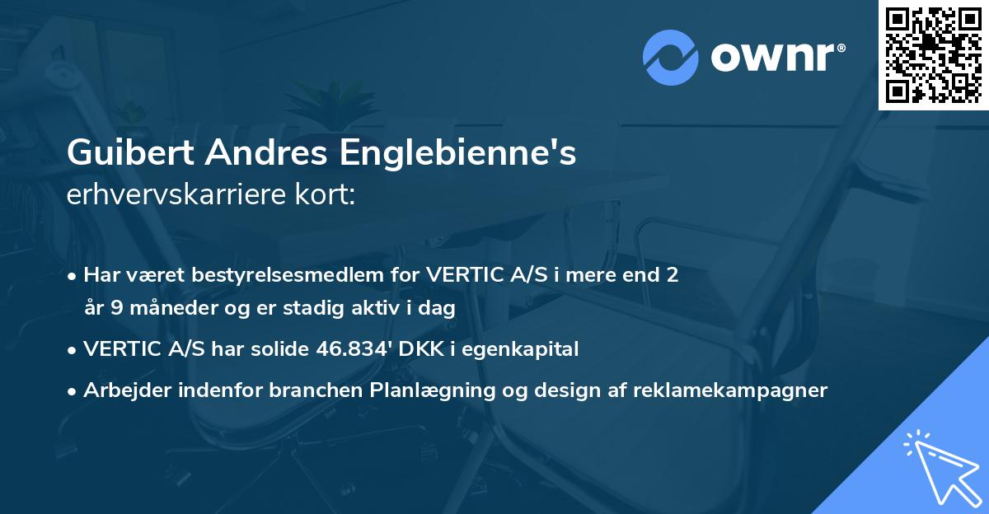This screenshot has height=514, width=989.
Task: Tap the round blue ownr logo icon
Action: [670, 57]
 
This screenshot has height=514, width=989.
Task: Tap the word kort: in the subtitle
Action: [326, 195]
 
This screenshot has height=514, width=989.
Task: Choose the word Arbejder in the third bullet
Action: [121, 390]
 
